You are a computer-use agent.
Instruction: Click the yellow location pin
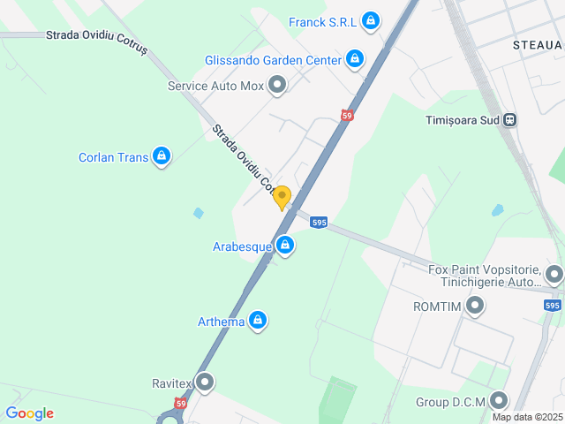click(x=282, y=197)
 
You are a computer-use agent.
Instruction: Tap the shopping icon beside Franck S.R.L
click(x=371, y=20)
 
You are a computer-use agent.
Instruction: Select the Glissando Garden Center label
click(x=273, y=60)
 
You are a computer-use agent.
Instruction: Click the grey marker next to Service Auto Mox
click(x=277, y=85)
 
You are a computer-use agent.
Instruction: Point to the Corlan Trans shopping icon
click(x=161, y=156)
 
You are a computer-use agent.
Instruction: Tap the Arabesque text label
click(x=242, y=246)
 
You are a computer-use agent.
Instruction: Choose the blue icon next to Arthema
click(x=258, y=320)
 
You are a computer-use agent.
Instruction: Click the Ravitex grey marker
click(x=205, y=382)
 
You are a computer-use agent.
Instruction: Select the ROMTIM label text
click(x=438, y=307)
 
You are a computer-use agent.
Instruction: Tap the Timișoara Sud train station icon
click(x=509, y=120)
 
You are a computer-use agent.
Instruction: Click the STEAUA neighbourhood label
click(x=537, y=43)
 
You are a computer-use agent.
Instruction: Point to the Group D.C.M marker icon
click(x=499, y=401)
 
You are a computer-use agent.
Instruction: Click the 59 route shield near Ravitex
click(x=180, y=403)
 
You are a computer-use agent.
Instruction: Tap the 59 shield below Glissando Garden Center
click(x=347, y=116)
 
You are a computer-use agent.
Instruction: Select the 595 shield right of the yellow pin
click(x=319, y=223)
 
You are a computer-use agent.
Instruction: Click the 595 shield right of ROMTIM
click(x=553, y=306)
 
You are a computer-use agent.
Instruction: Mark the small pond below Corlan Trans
click(x=199, y=213)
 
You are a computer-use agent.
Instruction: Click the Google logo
click(x=29, y=413)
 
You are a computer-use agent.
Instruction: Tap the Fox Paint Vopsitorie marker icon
click(x=554, y=273)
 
